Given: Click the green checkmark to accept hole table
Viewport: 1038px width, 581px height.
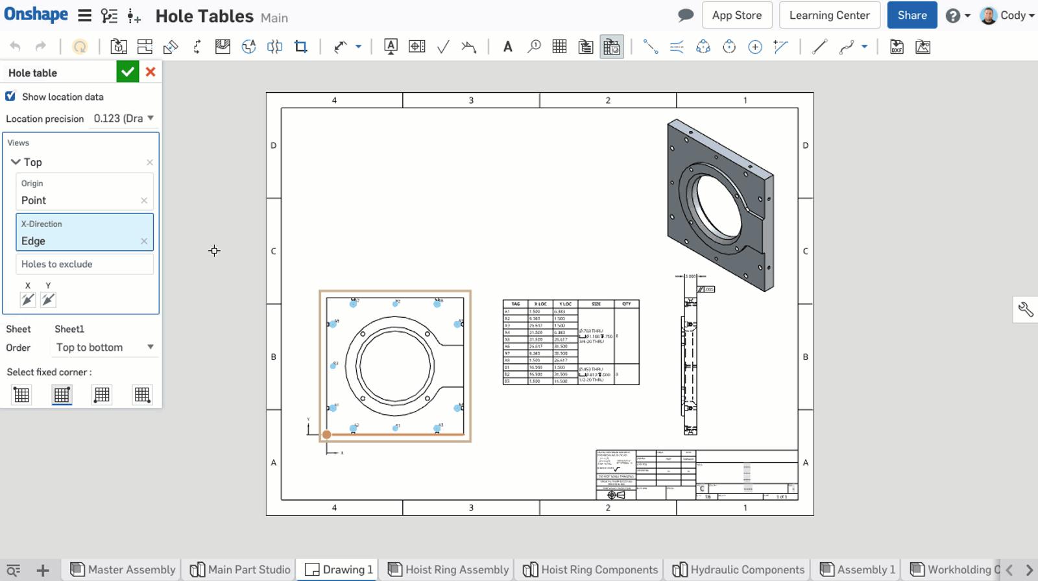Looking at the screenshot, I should pyautogui.click(x=128, y=72).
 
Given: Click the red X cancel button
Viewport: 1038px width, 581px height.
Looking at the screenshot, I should pyautogui.click(x=151, y=72).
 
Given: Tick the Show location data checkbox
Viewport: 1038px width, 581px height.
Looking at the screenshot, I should pyautogui.click(x=10, y=97).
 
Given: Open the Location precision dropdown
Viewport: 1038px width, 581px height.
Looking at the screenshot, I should pyautogui.click(x=123, y=118).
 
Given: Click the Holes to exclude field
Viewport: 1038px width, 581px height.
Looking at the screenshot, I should pyautogui.click(x=84, y=264).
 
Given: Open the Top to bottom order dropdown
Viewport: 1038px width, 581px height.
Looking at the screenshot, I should pyautogui.click(x=104, y=347).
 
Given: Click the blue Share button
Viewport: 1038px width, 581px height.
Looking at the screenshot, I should pyautogui.click(x=911, y=15).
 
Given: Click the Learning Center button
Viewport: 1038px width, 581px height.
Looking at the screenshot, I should pyautogui.click(x=829, y=15).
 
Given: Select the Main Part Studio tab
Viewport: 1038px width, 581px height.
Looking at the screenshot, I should pyautogui.click(x=240, y=569).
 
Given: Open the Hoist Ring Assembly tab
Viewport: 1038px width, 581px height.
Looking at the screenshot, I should pyautogui.click(x=448, y=569).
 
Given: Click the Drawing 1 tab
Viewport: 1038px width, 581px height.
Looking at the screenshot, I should pyautogui.click(x=339, y=569).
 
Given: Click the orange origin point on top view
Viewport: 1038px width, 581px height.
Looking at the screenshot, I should pyautogui.click(x=327, y=434).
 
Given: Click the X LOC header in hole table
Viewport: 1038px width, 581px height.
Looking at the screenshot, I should pyautogui.click(x=540, y=303).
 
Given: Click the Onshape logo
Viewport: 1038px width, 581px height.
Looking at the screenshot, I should pyautogui.click(x=36, y=14).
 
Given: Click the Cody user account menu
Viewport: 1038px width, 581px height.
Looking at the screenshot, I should pyautogui.click(x=1007, y=15).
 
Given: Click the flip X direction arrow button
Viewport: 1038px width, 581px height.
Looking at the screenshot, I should pyautogui.click(x=28, y=300).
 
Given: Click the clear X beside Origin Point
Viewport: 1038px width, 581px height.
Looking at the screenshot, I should pyautogui.click(x=144, y=200).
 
